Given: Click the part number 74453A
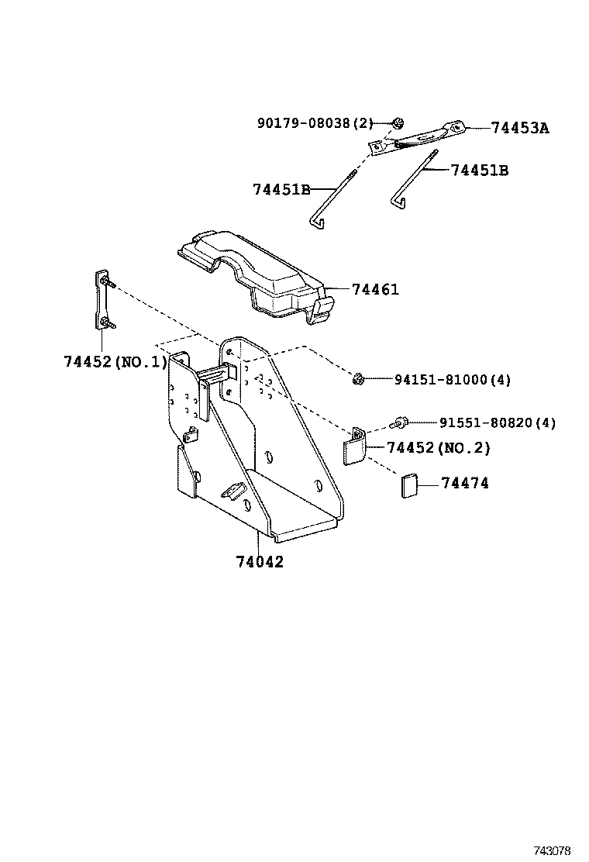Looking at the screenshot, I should point(519,129).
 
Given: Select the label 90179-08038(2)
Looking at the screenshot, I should point(315,123).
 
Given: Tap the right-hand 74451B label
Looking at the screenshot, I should point(480,171).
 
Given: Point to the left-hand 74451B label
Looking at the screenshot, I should point(281,189).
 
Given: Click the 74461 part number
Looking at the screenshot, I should point(375,290).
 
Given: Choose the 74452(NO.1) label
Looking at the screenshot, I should point(115,361).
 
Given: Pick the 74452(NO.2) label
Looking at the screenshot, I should point(438,448).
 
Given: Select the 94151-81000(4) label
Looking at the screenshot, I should point(453,380).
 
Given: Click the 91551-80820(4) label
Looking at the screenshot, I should point(498,423).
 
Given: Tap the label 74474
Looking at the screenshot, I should point(465,483).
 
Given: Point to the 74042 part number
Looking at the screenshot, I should point(260,562).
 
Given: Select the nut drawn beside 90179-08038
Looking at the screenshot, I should point(398,122).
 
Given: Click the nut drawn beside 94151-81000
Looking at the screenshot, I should point(358,379).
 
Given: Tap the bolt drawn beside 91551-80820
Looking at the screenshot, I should point(400,423).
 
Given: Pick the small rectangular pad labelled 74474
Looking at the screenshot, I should point(408,485).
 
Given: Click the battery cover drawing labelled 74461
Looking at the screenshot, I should point(256,271).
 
